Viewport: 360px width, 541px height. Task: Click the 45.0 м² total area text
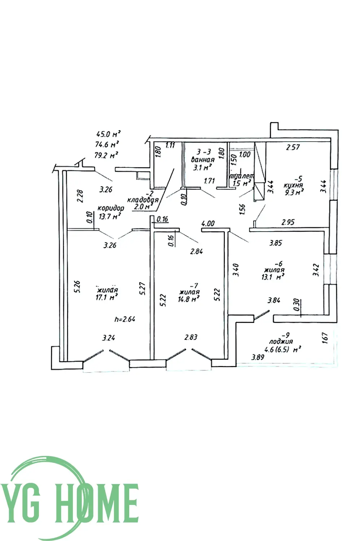click(x=108, y=134)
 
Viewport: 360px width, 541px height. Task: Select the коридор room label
click(x=111, y=208)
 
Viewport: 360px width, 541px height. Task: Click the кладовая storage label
click(x=143, y=200)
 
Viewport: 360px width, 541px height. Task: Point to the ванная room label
click(x=203, y=159)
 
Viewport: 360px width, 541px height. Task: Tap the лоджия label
click(x=281, y=341)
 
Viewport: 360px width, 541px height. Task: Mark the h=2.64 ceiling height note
click(x=125, y=319)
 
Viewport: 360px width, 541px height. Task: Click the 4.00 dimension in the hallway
click(x=208, y=223)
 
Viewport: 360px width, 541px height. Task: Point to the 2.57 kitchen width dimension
click(x=293, y=147)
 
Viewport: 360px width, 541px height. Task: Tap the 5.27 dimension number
click(x=143, y=289)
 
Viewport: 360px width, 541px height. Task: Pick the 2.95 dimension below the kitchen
click(x=288, y=222)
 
